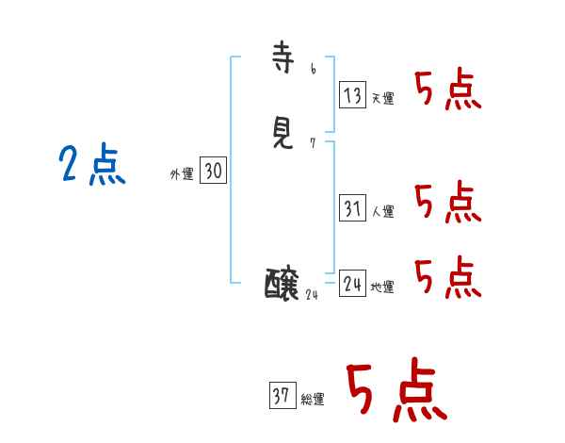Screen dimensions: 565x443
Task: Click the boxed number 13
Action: tap(352, 95)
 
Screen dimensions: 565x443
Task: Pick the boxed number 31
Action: tap(352, 208)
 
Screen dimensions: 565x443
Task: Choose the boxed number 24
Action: tap(352, 283)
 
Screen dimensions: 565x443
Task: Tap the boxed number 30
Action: tap(214, 171)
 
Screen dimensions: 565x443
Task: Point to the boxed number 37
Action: tap(282, 396)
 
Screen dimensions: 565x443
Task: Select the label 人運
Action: tap(382, 212)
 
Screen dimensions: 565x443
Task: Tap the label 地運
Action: tap(382, 287)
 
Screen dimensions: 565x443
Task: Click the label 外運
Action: tap(181, 174)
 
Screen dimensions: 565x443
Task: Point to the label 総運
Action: tap(313, 400)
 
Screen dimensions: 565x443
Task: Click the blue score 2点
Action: tap(92, 166)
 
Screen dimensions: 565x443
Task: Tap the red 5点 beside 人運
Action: tap(448, 203)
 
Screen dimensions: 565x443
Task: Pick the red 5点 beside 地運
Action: tap(448, 277)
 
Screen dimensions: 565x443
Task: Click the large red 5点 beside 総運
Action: tap(395, 390)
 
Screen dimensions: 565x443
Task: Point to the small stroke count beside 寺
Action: tap(313, 69)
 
